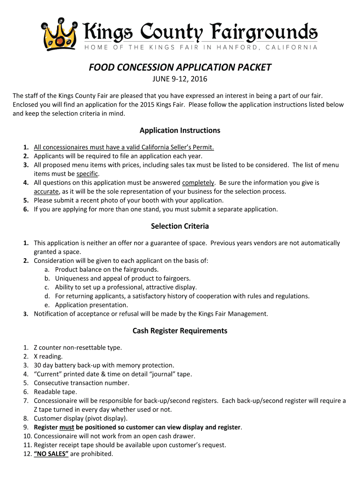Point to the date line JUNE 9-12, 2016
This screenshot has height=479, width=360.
180,79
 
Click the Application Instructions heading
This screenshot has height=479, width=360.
180,130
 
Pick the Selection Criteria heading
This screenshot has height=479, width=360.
180,226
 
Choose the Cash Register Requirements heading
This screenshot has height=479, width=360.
180,331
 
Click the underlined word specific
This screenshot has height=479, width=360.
87,174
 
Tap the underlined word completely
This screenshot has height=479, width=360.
198,182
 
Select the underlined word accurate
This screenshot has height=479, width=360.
46,191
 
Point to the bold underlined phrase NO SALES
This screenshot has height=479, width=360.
51,454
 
